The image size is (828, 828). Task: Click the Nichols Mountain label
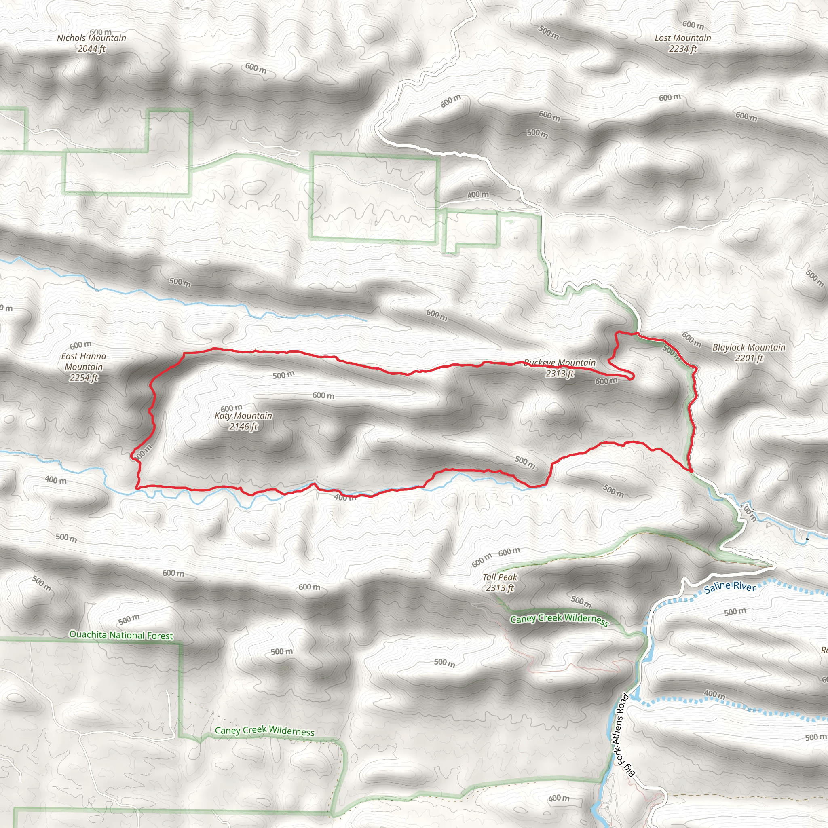92,38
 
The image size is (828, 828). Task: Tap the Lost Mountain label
683,38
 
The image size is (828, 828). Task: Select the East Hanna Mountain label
84,361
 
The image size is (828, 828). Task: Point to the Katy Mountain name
243,416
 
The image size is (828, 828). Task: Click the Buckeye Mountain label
560,363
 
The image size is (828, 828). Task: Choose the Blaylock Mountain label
749,347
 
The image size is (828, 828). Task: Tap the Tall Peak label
500,577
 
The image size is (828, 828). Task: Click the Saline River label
730,586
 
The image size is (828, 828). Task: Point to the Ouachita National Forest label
121,635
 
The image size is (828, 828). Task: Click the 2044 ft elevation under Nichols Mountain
91,49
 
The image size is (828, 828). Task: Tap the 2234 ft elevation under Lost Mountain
683,49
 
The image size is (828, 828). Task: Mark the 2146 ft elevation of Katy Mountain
243,427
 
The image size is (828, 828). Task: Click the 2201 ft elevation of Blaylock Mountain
749,358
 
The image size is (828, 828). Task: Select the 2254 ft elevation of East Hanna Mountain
84,378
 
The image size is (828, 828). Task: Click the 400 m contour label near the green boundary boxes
478,194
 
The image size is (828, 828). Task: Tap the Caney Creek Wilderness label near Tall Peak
559,619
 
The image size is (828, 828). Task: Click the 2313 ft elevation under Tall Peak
500,588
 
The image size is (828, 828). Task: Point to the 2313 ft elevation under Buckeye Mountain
560,374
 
